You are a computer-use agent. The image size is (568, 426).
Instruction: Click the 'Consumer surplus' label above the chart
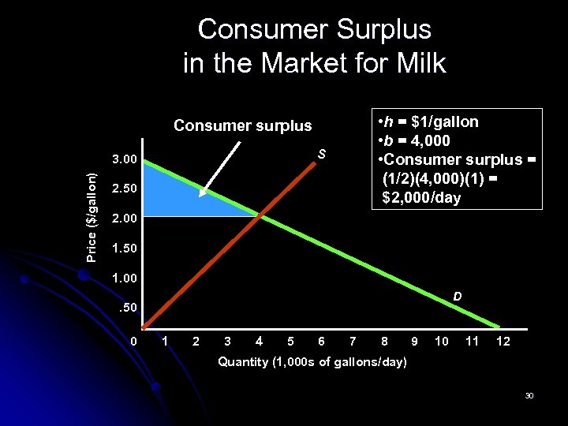[x=242, y=125]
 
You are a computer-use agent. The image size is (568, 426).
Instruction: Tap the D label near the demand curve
[x=458, y=297]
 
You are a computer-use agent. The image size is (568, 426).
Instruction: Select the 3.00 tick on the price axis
[x=125, y=161]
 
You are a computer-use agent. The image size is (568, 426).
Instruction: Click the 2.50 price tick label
[x=125, y=189]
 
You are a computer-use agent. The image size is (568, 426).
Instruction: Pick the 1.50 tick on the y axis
[x=125, y=248]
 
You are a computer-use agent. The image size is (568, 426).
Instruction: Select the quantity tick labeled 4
[x=260, y=342]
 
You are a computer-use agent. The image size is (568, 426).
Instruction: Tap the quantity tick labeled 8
[x=384, y=342]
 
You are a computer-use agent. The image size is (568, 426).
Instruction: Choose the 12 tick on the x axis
[x=503, y=342]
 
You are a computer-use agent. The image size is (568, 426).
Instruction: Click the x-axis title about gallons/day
[x=312, y=362]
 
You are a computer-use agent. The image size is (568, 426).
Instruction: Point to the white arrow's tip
[x=200, y=195]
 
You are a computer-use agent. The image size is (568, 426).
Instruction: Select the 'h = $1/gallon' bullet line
[x=428, y=121]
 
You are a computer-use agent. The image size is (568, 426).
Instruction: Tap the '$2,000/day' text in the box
[x=421, y=197]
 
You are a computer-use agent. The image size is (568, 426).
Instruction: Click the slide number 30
[x=529, y=395]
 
